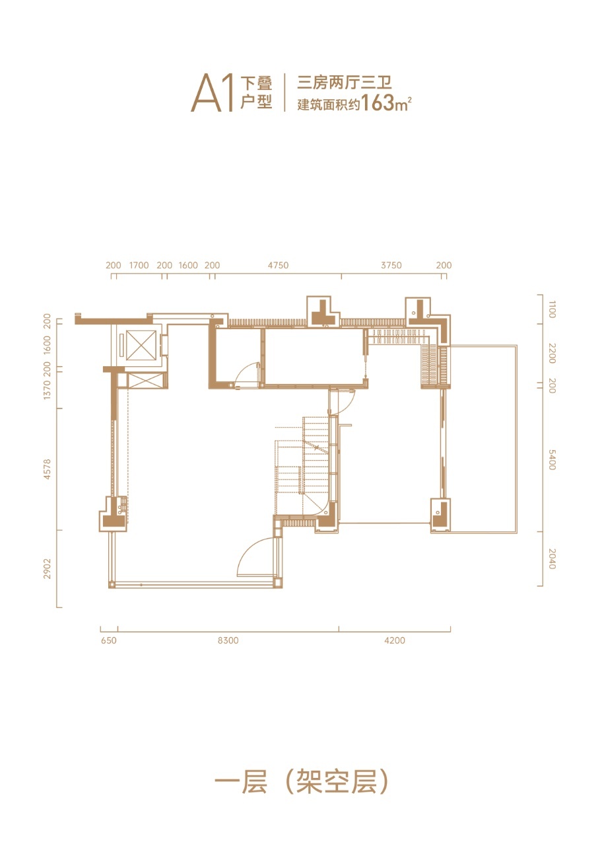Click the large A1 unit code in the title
(x=213, y=93)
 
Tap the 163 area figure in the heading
(x=378, y=102)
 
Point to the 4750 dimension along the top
(x=278, y=265)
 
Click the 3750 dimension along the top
(x=391, y=265)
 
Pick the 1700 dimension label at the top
(x=139, y=265)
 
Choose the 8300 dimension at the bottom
(x=228, y=640)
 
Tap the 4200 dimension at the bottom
(x=395, y=640)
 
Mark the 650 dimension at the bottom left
(x=109, y=640)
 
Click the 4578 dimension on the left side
(x=47, y=469)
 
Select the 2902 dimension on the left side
(x=47, y=569)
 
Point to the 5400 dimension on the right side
(x=552, y=459)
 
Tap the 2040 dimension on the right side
(x=552, y=559)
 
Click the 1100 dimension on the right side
(x=552, y=309)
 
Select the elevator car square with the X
(x=141, y=345)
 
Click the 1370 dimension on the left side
(x=47, y=390)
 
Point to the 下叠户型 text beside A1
(x=257, y=93)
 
